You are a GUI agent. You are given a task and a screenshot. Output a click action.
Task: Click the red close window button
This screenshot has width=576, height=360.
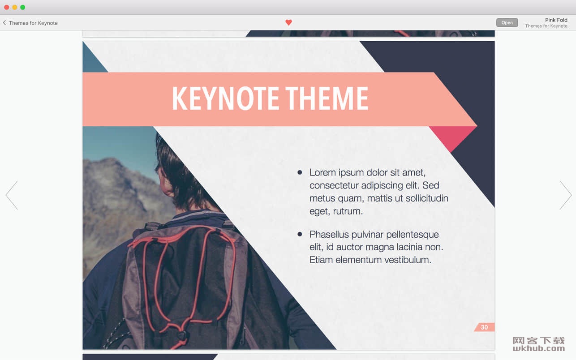point(7,7)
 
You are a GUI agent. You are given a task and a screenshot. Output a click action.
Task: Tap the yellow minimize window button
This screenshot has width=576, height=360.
point(15,7)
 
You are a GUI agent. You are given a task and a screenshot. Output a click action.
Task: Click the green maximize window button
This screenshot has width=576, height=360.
point(23,7)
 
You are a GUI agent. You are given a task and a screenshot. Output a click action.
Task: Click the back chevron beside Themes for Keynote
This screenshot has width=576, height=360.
point(4,23)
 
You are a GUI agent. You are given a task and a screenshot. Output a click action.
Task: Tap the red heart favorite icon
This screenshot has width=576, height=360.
point(288,22)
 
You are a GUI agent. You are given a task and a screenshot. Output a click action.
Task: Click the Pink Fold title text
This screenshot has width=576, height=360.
point(556,20)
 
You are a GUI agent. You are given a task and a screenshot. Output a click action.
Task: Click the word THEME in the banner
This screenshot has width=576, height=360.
point(327,99)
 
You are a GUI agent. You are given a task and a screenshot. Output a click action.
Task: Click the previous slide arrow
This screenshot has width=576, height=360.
point(12,195)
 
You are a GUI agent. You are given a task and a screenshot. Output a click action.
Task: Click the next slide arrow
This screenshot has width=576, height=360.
point(566,195)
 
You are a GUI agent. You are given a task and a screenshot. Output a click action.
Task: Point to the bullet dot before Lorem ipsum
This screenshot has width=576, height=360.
point(300,172)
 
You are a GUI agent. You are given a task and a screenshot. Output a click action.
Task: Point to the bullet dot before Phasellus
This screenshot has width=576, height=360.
point(300,234)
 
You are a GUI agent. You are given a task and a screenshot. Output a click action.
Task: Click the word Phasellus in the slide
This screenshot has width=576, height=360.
point(329,234)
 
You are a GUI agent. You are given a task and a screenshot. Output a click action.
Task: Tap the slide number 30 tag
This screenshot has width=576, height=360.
point(484,327)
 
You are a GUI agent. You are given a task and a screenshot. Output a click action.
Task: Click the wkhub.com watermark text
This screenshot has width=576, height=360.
point(539,348)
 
